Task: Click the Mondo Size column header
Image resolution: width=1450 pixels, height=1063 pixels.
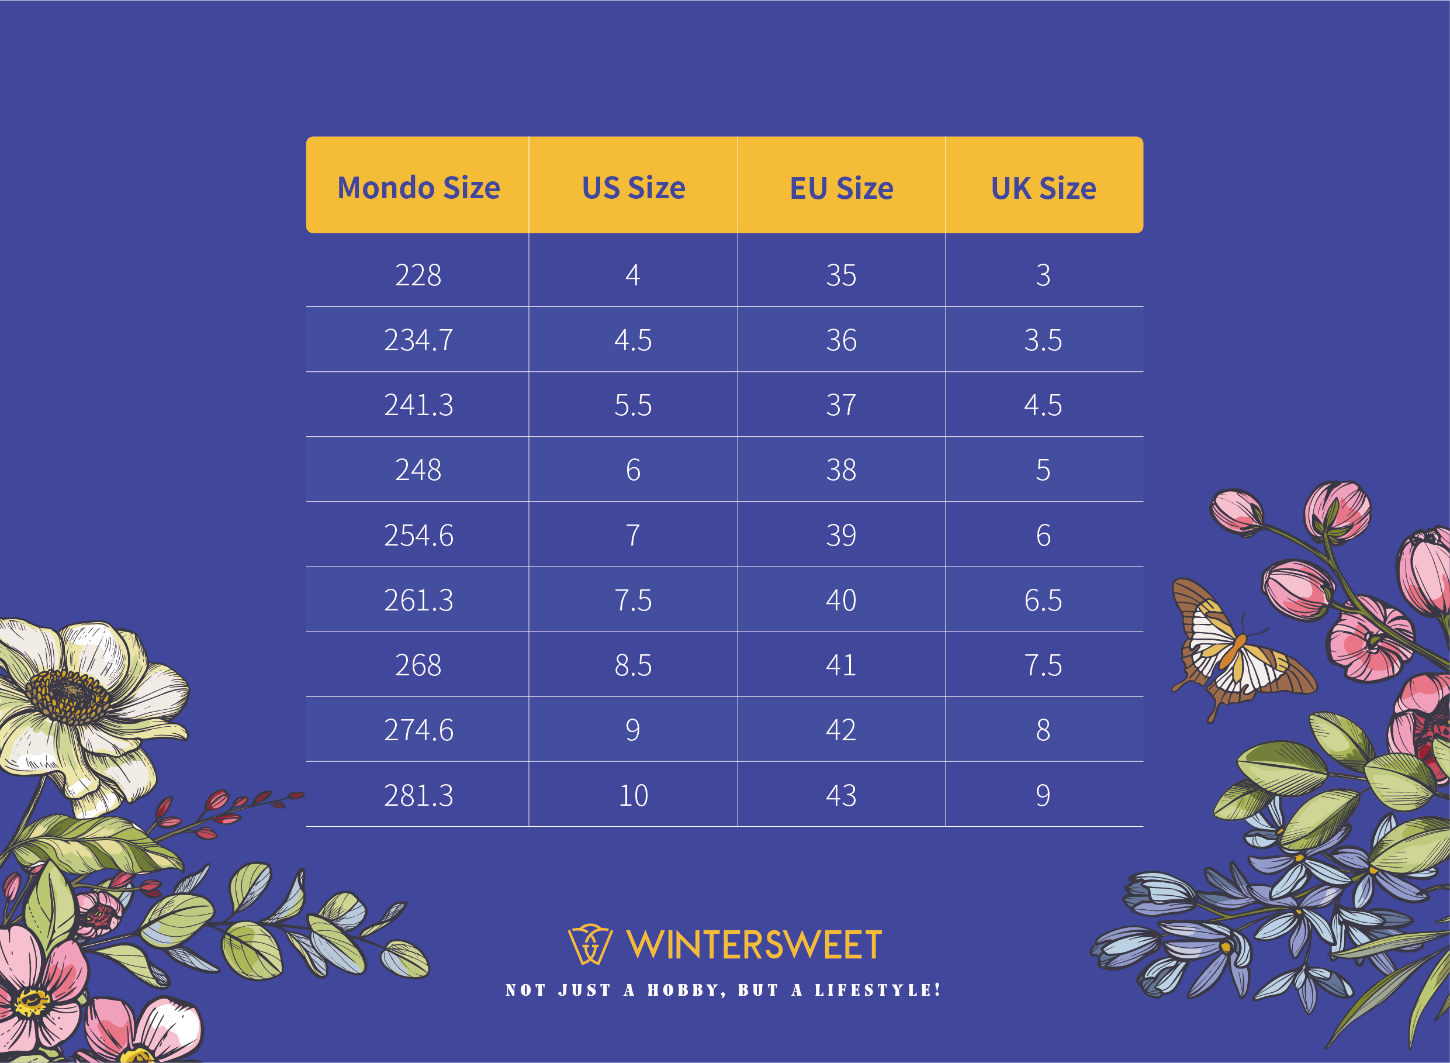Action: coord(418,188)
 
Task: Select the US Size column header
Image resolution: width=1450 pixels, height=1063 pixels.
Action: coord(634,188)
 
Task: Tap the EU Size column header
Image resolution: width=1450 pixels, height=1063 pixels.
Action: coord(841,188)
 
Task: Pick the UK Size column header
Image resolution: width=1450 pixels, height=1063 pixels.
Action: coord(1043,188)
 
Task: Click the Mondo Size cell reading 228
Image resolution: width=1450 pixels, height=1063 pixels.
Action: coord(418,275)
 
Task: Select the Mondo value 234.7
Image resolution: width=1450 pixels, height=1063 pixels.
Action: coord(418,340)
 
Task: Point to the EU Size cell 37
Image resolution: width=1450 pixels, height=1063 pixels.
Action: coord(841,405)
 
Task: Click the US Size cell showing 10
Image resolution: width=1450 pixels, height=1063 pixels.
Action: coord(634,795)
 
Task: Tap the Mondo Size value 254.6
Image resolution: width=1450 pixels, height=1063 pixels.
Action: coord(418,536)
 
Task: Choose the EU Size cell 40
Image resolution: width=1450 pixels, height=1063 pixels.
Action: coord(841,600)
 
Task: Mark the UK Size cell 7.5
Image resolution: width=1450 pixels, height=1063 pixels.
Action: coord(1043,665)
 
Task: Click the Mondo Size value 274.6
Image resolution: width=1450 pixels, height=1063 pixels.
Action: coord(418,730)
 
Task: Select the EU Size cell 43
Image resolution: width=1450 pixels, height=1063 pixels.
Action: coord(841,795)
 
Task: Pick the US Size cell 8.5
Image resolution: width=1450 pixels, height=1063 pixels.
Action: coord(634,665)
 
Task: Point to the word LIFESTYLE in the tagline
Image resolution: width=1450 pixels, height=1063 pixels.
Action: coord(878,990)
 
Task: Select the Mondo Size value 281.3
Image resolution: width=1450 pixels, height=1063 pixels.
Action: coord(418,795)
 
